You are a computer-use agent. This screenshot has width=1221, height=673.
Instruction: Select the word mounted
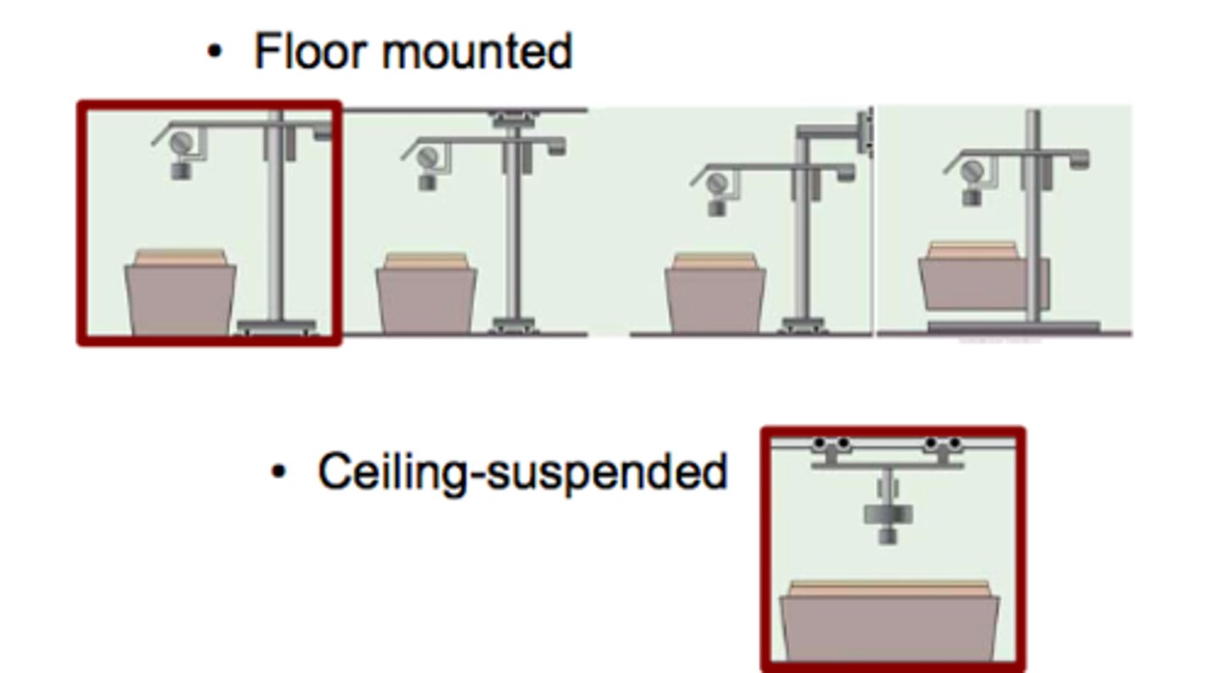click(x=477, y=52)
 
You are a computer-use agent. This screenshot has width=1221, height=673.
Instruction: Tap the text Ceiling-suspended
click(x=521, y=471)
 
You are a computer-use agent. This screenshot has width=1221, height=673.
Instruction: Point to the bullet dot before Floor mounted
click(x=215, y=53)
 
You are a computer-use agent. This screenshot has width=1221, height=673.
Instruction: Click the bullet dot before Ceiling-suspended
click(x=278, y=471)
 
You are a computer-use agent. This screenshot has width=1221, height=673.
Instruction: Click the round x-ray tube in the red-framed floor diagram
click(x=181, y=143)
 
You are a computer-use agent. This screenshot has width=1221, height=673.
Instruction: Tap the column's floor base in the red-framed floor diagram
click(x=276, y=325)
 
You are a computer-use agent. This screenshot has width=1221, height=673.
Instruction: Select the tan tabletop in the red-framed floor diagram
click(x=181, y=257)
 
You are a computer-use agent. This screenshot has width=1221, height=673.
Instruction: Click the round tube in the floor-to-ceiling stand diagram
click(x=428, y=157)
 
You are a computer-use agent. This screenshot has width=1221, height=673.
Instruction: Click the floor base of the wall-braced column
click(x=802, y=324)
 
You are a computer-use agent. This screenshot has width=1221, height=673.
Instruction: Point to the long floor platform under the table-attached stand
click(x=1013, y=327)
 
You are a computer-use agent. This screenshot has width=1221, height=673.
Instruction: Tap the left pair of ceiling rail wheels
click(x=831, y=444)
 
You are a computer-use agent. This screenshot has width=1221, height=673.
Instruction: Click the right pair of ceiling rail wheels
click(x=943, y=444)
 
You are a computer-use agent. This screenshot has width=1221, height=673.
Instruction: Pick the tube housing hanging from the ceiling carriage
click(x=888, y=514)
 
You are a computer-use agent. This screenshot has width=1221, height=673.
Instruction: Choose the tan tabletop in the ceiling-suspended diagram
click(x=889, y=587)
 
